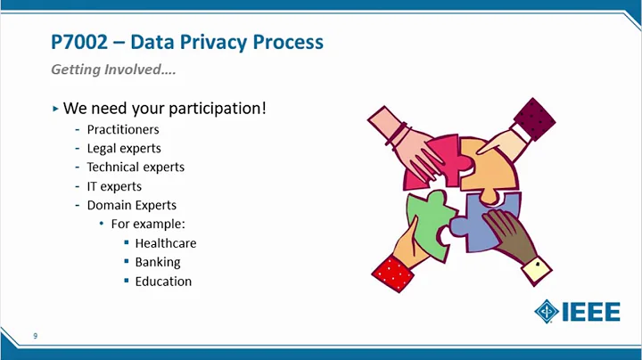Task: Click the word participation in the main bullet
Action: (x=214, y=109)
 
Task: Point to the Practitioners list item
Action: (x=123, y=129)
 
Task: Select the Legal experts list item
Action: (x=124, y=148)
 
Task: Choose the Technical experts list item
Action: (x=136, y=167)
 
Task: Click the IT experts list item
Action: (x=114, y=186)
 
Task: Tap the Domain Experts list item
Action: (x=131, y=205)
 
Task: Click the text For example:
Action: (x=147, y=224)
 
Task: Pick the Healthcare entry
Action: (x=165, y=243)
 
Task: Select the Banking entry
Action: (x=157, y=262)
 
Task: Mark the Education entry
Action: (x=163, y=281)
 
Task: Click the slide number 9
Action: (x=35, y=336)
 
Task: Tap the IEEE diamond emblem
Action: (x=547, y=312)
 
